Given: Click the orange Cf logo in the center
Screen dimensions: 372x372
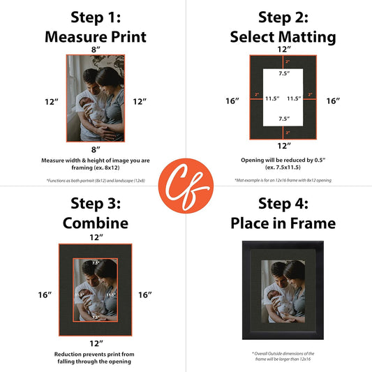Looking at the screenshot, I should [x=186, y=186].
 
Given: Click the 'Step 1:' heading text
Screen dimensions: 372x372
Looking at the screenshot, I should [x=96, y=17].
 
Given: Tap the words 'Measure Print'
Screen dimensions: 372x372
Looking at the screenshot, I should [x=96, y=36].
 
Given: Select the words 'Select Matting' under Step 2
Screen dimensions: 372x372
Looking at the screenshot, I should [x=283, y=36].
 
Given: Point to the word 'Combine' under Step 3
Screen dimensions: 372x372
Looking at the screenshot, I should [x=96, y=223].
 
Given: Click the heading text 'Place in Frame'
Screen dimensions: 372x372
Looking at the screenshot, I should [x=283, y=223].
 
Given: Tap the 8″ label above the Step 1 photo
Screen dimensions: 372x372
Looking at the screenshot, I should [x=96, y=50].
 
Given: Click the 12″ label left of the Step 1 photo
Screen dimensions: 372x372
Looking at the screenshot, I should [x=51, y=102].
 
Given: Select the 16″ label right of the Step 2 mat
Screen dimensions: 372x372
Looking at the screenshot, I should [x=333, y=101].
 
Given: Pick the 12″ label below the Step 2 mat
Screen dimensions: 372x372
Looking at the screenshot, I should [x=283, y=146].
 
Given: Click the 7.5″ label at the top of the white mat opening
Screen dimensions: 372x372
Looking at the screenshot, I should [x=283, y=73].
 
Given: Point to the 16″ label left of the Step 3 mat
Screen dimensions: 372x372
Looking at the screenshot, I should [x=45, y=295].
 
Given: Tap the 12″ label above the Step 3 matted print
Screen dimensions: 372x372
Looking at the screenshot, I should [x=96, y=238].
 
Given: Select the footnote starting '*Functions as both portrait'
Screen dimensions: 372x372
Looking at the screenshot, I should [x=96, y=181].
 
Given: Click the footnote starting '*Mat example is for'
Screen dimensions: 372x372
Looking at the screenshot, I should [x=283, y=181].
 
